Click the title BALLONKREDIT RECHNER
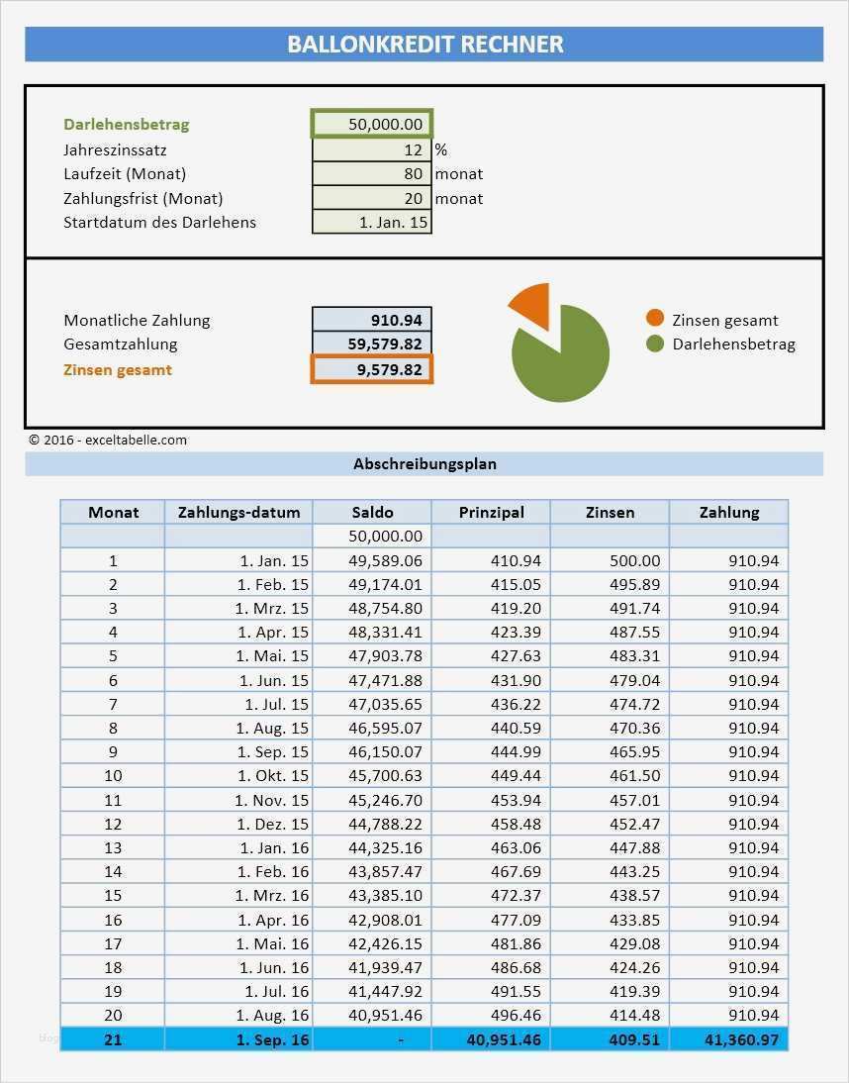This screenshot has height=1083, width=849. tap(424, 45)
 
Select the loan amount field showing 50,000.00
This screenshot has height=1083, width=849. tap(372, 124)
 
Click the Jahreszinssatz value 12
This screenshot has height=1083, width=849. tap(372, 150)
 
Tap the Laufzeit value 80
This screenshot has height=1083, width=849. tap(372, 174)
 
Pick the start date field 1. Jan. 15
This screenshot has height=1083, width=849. tap(372, 222)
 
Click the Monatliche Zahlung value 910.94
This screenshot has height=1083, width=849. tap(372, 320)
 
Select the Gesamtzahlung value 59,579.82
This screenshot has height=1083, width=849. tap(372, 344)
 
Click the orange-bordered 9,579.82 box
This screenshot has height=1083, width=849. tap(372, 369)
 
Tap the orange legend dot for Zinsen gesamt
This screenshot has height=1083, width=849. tap(655, 319)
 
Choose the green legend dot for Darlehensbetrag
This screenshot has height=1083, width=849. tap(655, 344)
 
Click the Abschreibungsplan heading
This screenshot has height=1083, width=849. tap(424, 463)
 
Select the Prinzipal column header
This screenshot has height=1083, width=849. tap(491, 512)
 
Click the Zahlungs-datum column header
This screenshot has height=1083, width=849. tap(238, 512)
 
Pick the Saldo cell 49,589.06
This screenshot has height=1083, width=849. tap(372, 560)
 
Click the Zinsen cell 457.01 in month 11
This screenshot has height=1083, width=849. tap(610, 800)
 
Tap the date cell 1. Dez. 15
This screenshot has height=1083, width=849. tap(238, 824)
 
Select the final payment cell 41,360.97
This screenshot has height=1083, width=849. tap(728, 1039)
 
